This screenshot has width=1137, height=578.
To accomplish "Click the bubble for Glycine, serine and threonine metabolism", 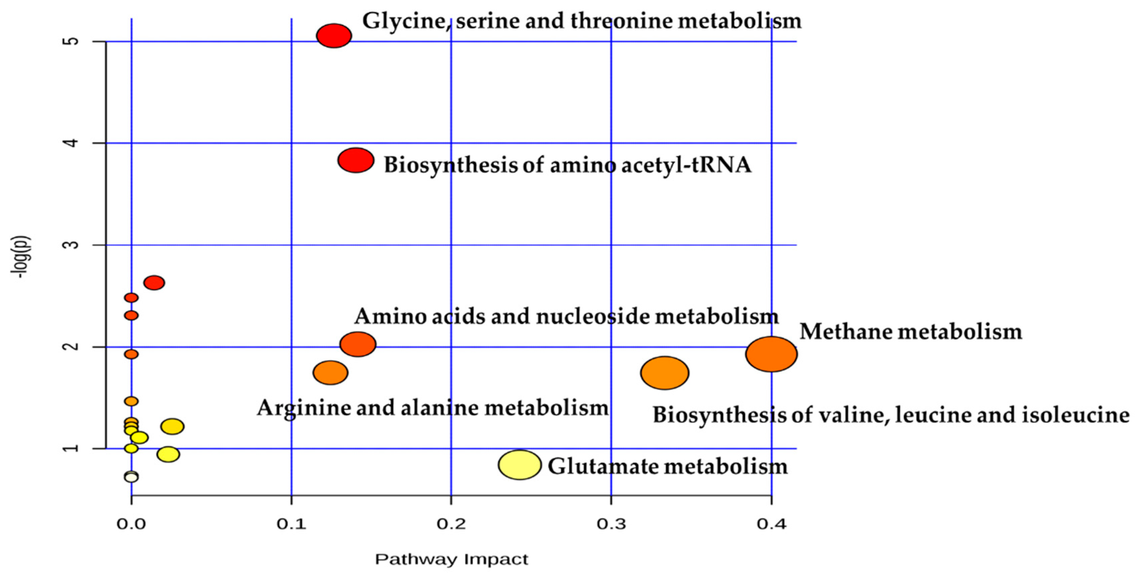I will [334, 36].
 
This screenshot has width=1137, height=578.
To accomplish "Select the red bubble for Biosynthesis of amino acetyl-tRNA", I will [356, 160].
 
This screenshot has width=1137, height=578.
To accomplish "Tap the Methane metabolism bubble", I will [771, 354].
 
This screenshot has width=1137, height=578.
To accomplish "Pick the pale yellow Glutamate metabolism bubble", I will [519, 465].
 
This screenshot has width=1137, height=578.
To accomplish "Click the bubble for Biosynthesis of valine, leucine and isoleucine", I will [664, 373].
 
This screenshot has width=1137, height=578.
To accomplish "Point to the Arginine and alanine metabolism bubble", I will [330, 373].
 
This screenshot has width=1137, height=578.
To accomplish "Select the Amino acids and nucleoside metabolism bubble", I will [358, 344].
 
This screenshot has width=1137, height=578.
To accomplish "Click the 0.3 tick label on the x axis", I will [611, 524].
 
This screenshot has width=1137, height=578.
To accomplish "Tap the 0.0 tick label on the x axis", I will [131, 524].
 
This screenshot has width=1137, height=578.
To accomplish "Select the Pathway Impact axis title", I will [451, 560].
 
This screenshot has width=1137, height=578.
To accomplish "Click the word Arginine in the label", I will [303, 408].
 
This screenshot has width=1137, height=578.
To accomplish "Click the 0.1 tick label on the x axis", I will [291, 524].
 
